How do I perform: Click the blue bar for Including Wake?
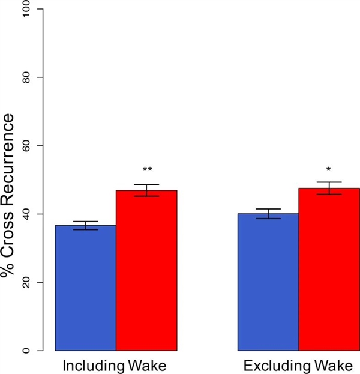[85, 288]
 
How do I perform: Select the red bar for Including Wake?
[146, 270]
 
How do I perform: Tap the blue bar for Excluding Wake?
[268, 282]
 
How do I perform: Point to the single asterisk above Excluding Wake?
[329, 170]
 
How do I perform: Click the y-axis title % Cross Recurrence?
[8, 180]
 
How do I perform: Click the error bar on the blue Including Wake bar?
[85, 225]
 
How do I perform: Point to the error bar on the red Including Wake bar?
[146, 190]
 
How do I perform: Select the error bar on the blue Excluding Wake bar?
[268, 213]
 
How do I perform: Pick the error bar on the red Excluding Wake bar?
[329, 188]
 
